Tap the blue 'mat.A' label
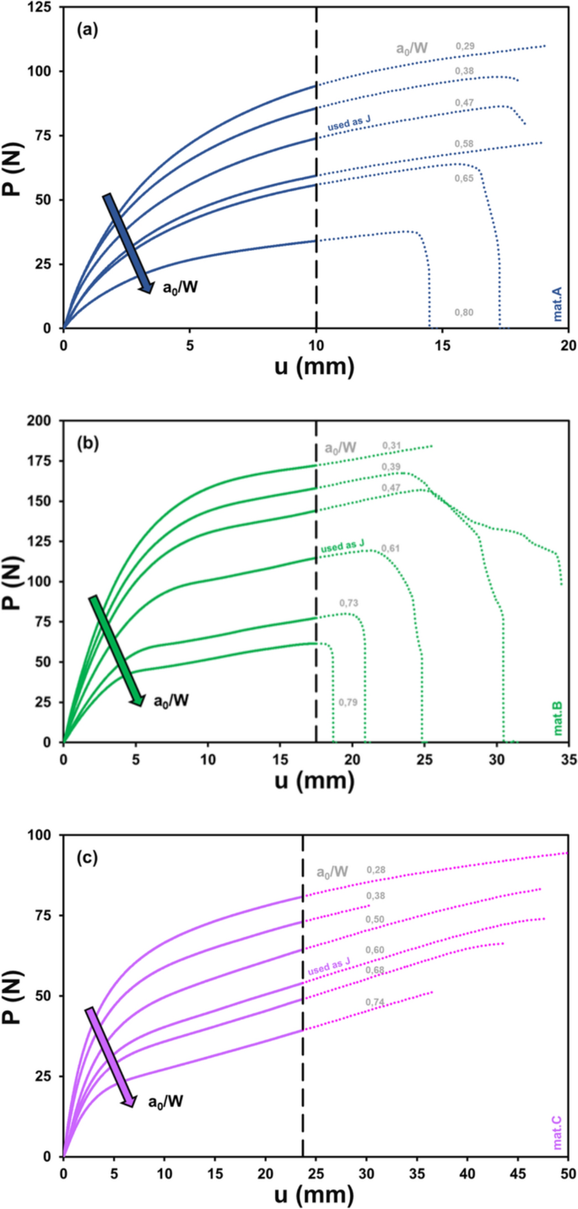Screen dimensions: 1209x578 tap(557, 304)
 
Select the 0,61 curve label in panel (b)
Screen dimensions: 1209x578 tap(391, 548)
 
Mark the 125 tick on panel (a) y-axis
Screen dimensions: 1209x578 tap(40, 8)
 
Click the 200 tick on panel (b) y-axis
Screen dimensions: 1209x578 tap(40, 420)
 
